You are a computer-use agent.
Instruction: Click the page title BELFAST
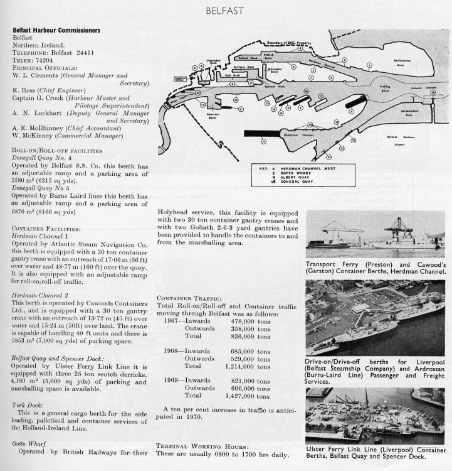click(226, 11)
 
